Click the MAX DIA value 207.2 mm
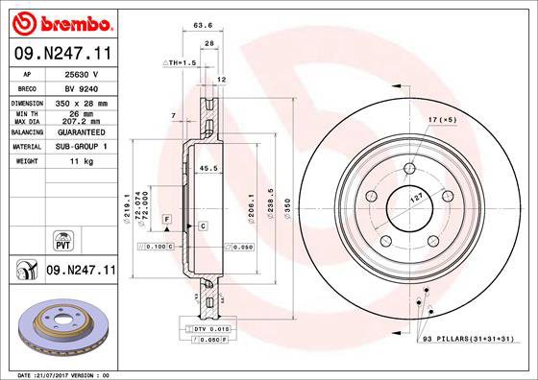tap(80, 122)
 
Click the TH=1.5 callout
tap(181, 62)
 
